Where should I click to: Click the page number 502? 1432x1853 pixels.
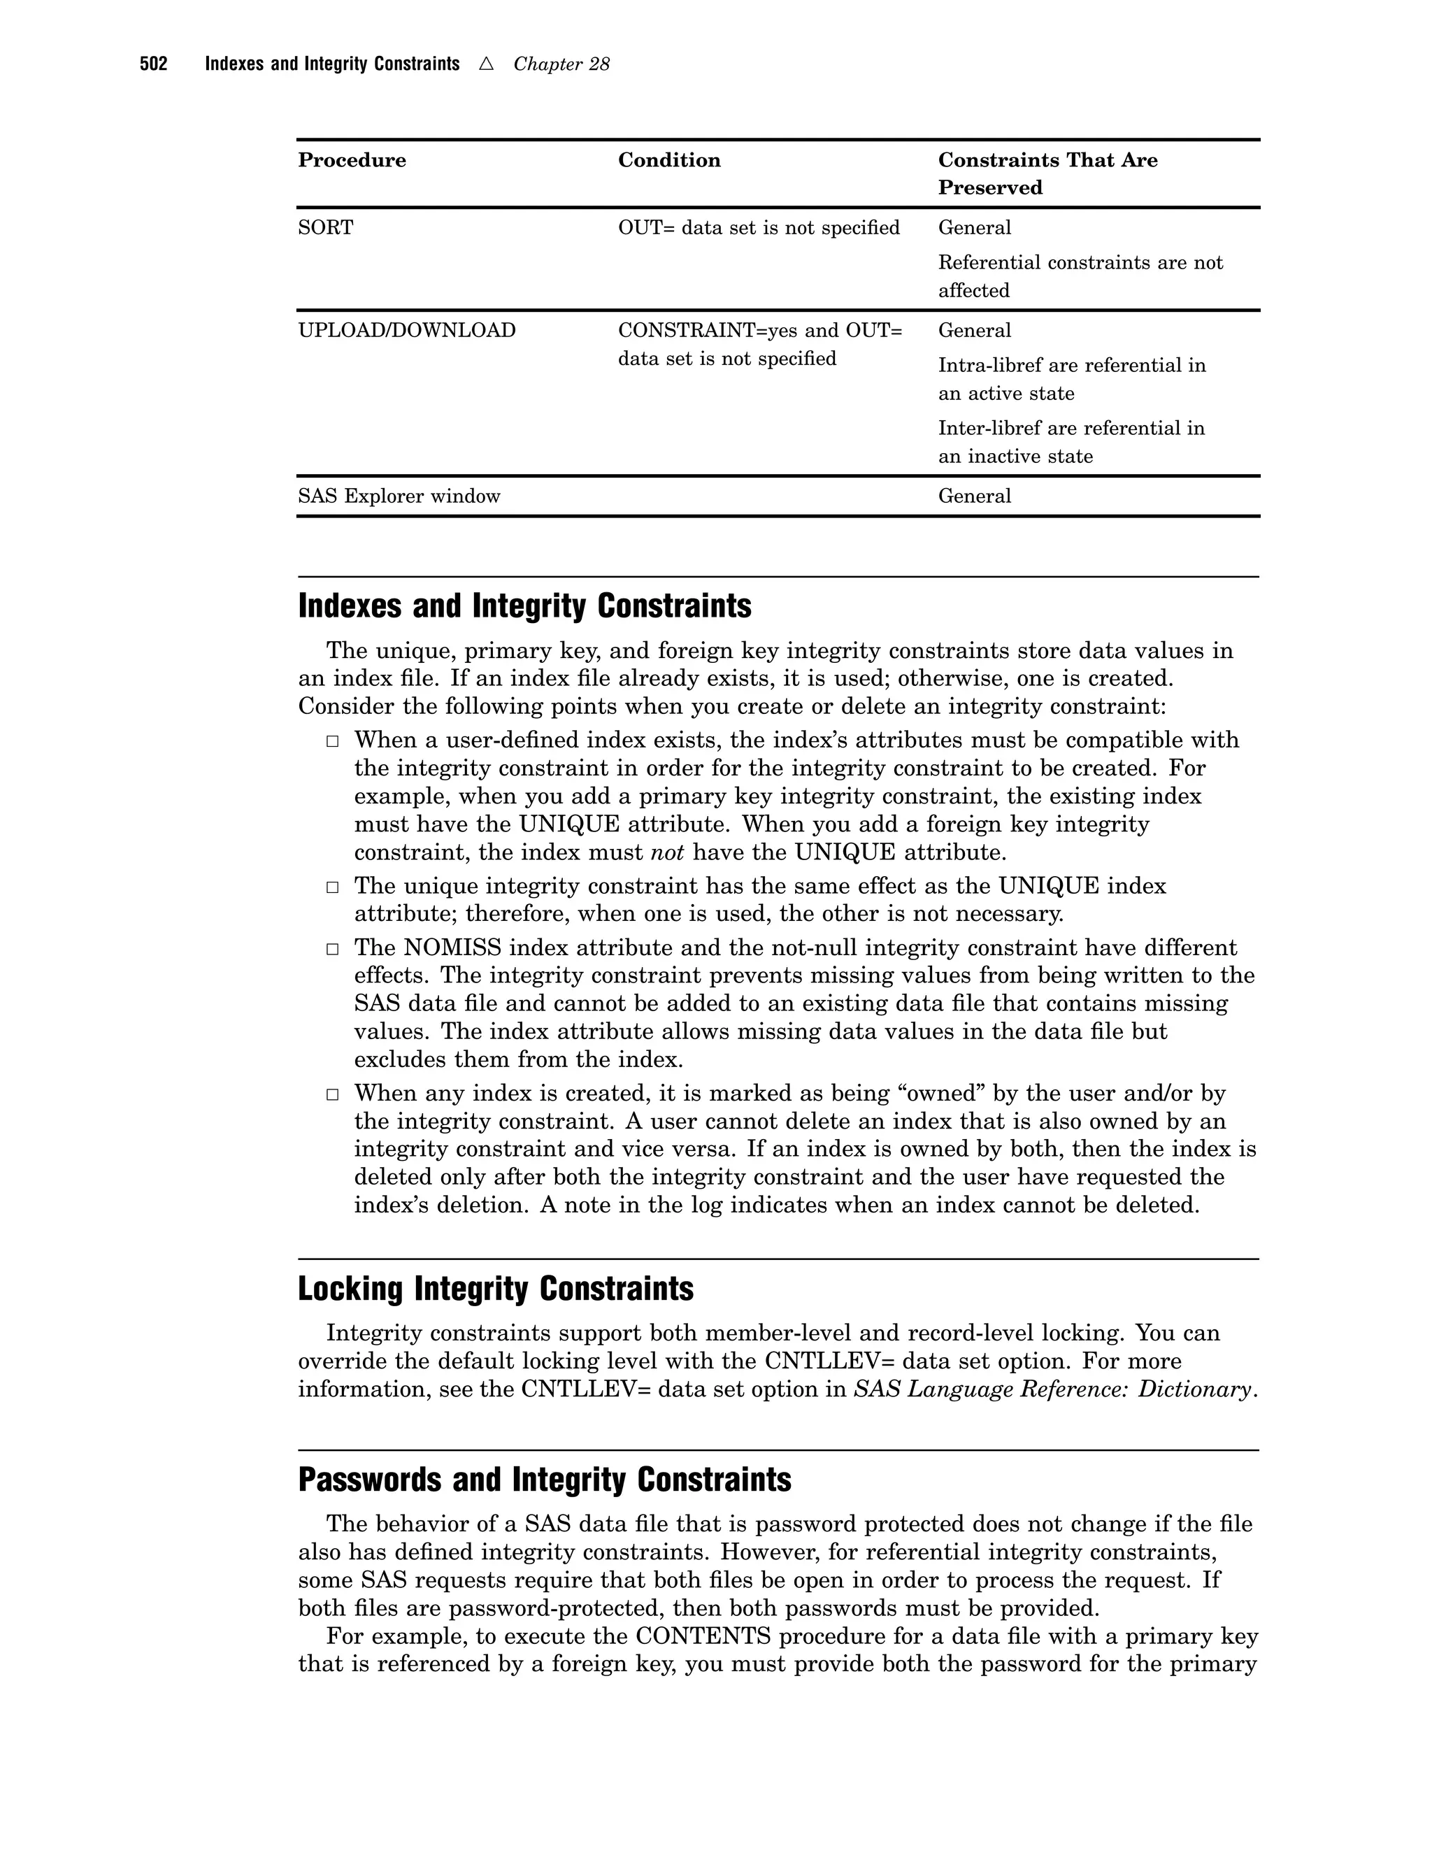(154, 64)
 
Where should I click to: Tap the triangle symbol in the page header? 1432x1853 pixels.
(486, 64)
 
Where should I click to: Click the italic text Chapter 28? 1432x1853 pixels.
(561, 64)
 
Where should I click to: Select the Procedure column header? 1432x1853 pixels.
(352, 160)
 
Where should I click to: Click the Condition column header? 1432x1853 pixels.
(669, 160)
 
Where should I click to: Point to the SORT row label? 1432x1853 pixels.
(326, 227)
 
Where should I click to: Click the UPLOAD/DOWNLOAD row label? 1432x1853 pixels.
(406, 330)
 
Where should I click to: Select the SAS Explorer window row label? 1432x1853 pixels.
(399, 496)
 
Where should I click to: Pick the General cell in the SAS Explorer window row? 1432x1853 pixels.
(975, 496)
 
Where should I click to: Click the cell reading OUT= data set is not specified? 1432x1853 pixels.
(759, 227)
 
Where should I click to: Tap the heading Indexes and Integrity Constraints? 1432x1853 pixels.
(524, 607)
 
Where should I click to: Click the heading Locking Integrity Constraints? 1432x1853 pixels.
(496, 1289)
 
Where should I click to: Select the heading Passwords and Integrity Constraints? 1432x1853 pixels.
(545, 1480)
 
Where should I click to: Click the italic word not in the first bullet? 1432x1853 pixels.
(667, 852)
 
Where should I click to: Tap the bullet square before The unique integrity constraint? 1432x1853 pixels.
(333, 887)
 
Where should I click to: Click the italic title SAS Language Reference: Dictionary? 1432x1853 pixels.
(1053, 1389)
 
